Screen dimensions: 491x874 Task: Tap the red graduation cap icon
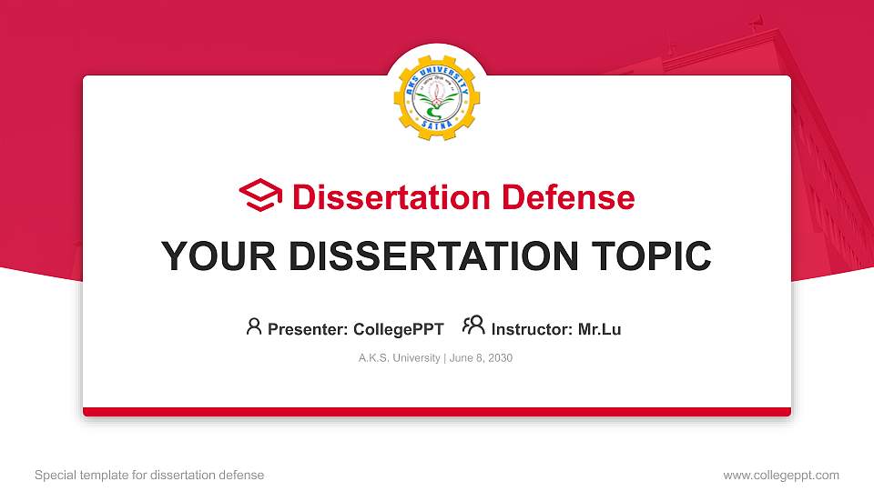click(x=261, y=195)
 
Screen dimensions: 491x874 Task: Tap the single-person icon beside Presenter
click(x=254, y=326)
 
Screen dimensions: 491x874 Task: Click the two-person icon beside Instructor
click(x=473, y=326)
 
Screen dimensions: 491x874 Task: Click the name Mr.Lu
click(x=599, y=329)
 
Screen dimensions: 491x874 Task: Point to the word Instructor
click(x=530, y=329)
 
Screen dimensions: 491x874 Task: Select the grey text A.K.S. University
click(x=400, y=358)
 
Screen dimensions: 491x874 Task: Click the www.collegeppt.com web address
click(x=781, y=475)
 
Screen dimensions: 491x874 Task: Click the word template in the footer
click(x=104, y=475)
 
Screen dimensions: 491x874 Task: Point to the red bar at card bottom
click(x=437, y=412)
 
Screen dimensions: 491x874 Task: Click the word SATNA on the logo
click(x=437, y=133)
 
